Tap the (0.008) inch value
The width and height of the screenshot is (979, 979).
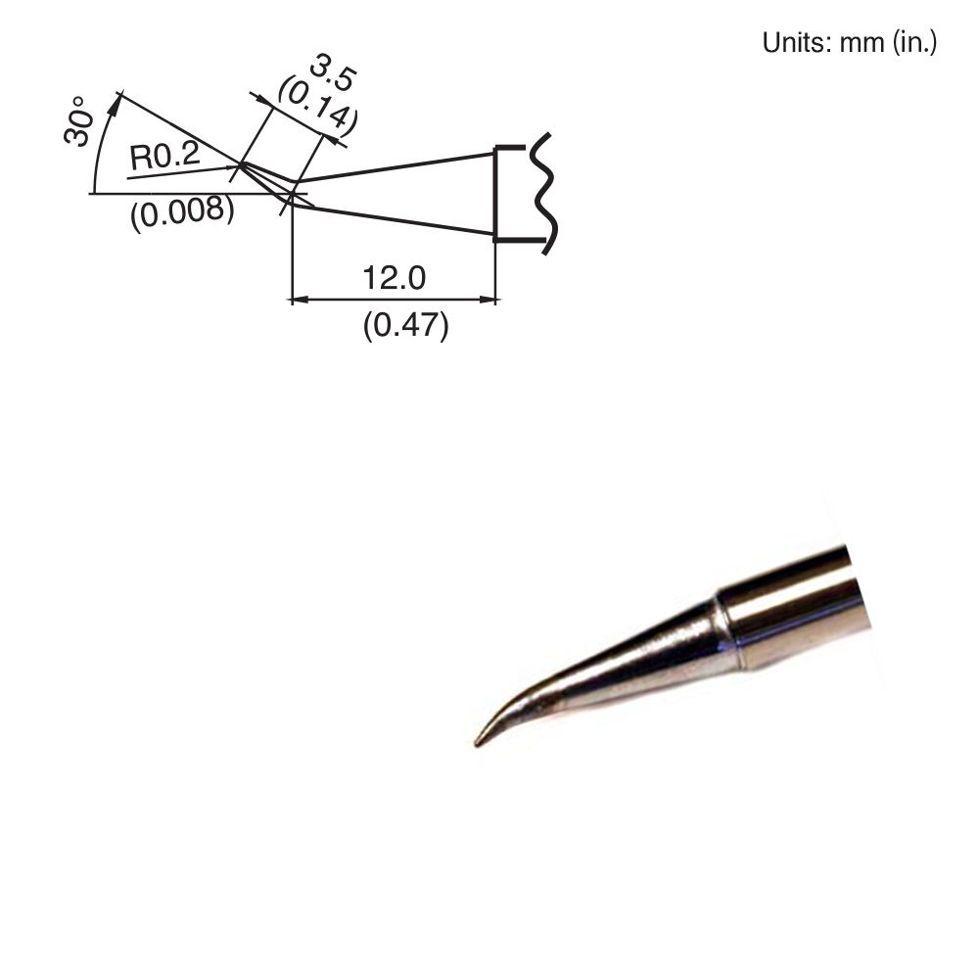click(182, 210)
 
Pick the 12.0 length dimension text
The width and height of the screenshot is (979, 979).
click(394, 279)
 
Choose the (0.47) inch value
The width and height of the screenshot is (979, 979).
click(405, 325)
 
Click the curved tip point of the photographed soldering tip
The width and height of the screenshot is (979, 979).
click(479, 742)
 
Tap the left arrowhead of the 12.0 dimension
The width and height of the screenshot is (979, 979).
click(300, 299)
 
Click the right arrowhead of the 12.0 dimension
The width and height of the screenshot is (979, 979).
click(489, 299)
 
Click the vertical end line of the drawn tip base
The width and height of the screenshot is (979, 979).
click(495, 193)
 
